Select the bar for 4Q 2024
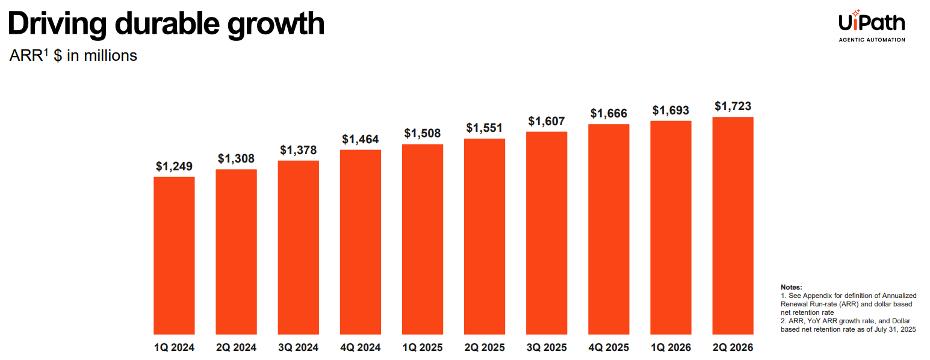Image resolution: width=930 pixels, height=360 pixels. (x=360, y=241)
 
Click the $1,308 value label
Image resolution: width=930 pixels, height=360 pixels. (x=236, y=159)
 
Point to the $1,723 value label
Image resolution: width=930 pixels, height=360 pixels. (x=733, y=107)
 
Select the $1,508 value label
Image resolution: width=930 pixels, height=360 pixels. (x=423, y=133)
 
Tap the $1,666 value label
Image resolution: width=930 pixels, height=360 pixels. (x=609, y=113)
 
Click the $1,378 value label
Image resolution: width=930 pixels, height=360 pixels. (x=298, y=150)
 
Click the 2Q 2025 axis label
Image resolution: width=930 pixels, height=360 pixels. (x=485, y=347)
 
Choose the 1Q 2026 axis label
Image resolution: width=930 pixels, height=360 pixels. (x=671, y=347)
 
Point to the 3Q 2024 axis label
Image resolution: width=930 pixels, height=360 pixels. (x=298, y=347)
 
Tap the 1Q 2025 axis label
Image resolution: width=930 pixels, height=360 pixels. (x=423, y=347)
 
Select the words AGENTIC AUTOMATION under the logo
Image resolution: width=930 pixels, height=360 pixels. (x=872, y=40)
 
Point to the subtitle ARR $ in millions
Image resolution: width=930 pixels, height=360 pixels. (x=73, y=55)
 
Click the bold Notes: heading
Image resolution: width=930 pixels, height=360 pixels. (x=791, y=288)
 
